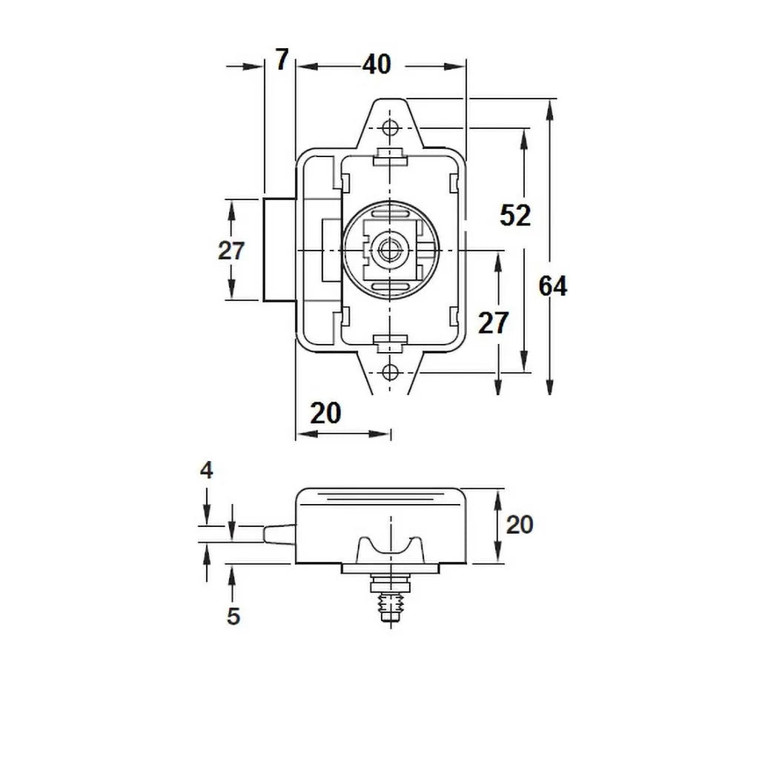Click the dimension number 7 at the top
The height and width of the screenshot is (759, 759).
[282, 60]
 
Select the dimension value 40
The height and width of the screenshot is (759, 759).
[377, 64]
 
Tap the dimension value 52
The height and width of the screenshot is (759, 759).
[515, 216]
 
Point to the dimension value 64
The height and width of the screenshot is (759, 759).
[553, 286]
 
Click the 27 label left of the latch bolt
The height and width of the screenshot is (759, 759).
[231, 251]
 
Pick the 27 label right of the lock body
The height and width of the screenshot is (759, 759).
[493, 323]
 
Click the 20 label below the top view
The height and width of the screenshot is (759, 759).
[325, 414]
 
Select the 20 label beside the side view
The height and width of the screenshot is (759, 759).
[520, 525]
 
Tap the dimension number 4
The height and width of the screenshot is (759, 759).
[207, 470]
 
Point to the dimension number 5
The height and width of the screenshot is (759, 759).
[233, 616]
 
